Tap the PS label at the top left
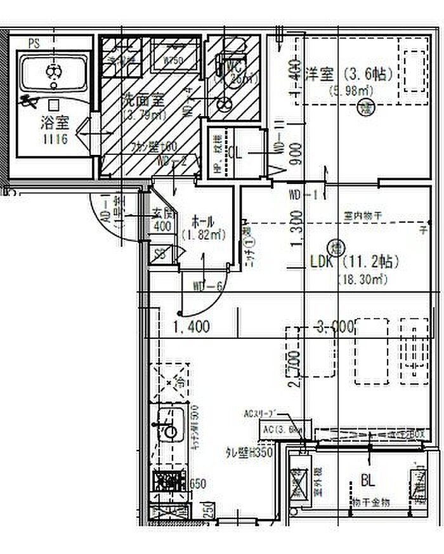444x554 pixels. tap(34, 44)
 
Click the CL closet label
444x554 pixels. tap(235, 153)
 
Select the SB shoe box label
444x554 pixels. tap(162, 254)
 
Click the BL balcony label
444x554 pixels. tap(367, 479)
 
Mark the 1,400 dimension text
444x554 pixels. tap(191, 327)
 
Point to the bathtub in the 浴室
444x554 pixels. tap(53, 74)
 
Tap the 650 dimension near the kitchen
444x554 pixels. tap(199, 484)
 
